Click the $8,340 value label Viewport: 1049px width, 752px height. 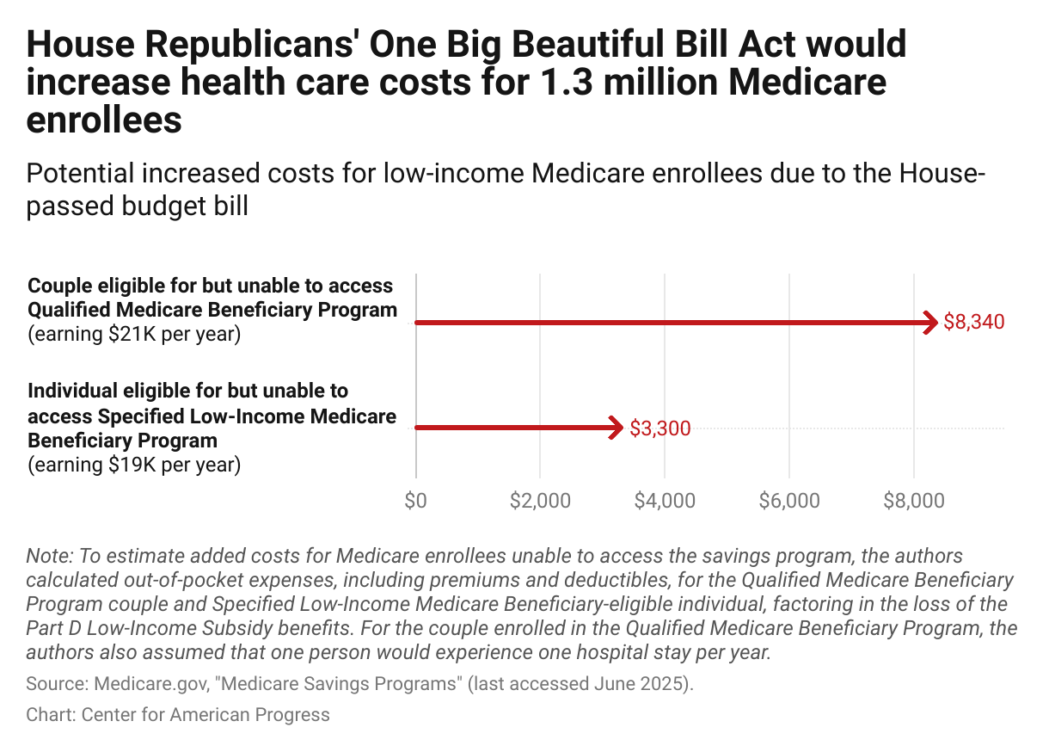[973, 323]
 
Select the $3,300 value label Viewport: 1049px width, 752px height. [659, 428]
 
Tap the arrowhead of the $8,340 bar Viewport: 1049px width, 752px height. [930, 323]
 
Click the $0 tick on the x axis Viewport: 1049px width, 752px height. [415, 501]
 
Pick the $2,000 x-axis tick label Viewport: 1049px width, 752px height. [539, 501]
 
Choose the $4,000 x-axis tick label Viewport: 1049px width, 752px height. [664, 501]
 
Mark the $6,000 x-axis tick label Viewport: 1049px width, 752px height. [788, 501]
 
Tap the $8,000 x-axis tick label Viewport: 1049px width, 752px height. [913, 501]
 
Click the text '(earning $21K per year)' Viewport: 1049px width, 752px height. [134, 334]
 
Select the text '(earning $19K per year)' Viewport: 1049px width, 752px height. [134, 465]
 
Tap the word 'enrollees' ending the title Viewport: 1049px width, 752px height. [104, 120]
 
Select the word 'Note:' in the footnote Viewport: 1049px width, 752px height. [48, 555]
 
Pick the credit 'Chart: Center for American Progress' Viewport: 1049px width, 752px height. [178, 714]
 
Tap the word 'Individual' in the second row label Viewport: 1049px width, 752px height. [71, 391]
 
